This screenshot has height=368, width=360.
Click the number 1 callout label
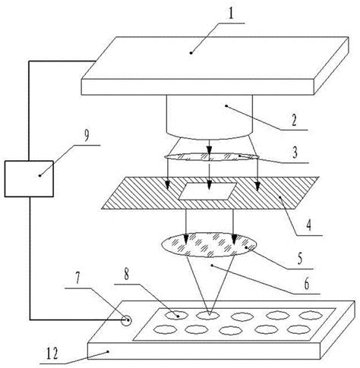[230, 13]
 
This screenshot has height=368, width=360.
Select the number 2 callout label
[294, 121]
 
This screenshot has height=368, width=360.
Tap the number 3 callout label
[295, 153]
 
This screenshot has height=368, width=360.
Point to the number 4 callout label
[308, 225]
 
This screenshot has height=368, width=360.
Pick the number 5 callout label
[300, 259]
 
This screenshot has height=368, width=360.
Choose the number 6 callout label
[307, 284]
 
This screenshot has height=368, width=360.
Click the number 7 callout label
[77, 278]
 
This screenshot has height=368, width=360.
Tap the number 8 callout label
[126, 274]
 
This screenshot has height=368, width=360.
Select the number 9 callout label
[86, 137]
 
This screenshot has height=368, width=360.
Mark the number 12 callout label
[52, 354]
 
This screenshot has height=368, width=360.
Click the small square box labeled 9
[29, 178]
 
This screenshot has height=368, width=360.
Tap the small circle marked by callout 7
[126, 321]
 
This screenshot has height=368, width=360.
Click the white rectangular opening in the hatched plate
[208, 191]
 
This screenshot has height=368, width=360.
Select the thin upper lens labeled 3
[212, 157]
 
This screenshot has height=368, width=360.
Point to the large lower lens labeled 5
[209, 244]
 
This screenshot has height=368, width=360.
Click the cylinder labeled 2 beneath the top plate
[210, 117]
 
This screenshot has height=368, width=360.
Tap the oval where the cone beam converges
[208, 315]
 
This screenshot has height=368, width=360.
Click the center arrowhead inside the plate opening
[209, 186]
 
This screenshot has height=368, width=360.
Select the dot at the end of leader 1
[191, 53]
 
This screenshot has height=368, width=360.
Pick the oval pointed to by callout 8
[176, 315]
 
